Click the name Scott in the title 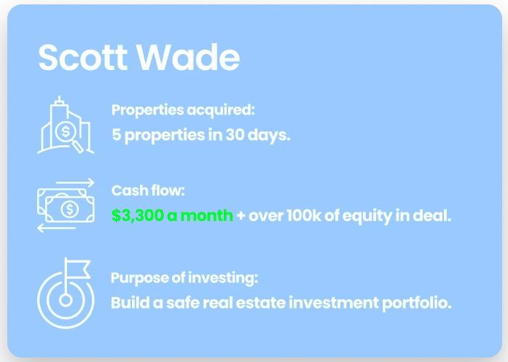click(83, 58)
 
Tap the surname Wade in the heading click(188, 58)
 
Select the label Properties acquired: click(183, 110)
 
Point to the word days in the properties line click(269, 135)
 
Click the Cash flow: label click(148, 190)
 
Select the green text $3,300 click(137, 215)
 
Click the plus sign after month click(241, 216)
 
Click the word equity click(367, 216)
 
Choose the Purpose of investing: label click(184, 278)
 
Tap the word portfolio click(417, 304)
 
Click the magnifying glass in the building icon click(69, 136)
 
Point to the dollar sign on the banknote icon click(70, 209)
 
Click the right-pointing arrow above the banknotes click(75, 182)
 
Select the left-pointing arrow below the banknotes click(56, 228)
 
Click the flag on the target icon click(78, 269)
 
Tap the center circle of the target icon click(66, 300)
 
